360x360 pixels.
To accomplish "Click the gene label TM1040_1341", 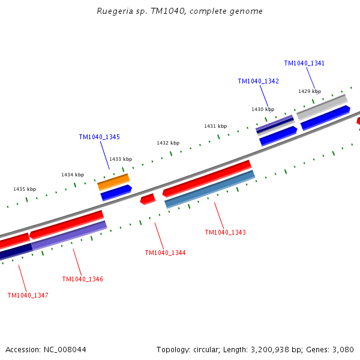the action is tap(304, 63).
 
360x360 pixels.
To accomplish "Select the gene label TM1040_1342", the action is tap(258, 81).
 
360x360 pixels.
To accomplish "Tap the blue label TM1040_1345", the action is tap(99, 137).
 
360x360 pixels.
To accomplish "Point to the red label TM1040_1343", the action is tap(225, 232).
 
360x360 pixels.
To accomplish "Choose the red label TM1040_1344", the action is tap(165, 253).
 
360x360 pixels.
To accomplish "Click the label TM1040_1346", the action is tap(82, 279).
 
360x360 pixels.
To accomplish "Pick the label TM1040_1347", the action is tap(28, 295).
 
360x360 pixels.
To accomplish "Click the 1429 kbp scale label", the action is tap(310, 91).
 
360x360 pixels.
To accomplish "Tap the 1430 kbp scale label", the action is tap(263, 109).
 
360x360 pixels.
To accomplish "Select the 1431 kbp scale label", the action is tap(215, 126).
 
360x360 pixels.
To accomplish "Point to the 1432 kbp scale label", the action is tap(168, 143).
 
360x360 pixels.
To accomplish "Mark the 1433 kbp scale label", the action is tap(121, 159).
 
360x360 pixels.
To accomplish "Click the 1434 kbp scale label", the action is tap(73, 175).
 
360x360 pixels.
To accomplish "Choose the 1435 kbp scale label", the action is tap(25, 189).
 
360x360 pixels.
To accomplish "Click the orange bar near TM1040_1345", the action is tap(113, 182).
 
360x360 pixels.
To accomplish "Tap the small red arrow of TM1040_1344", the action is tap(148, 199).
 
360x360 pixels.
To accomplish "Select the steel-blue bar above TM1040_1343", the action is tap(209, 189).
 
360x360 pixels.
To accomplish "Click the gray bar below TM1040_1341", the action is tap(322, 107).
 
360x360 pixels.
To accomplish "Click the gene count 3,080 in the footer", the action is tap(342, 349).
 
